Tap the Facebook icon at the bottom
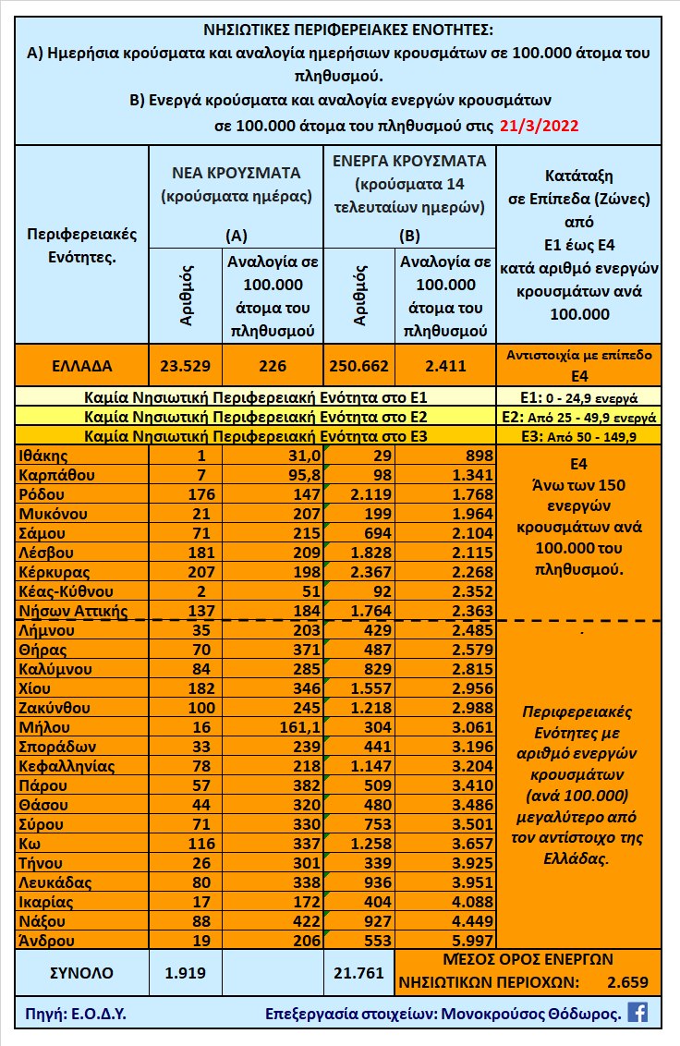(x=637, y=1012)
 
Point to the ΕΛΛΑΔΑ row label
(x=81, y=365)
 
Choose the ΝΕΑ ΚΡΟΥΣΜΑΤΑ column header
(x=236, y=173)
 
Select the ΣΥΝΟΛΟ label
(x=81, y=972)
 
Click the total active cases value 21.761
(x=357, y=972)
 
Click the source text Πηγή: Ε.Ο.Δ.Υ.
(x=72, y=1013)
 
